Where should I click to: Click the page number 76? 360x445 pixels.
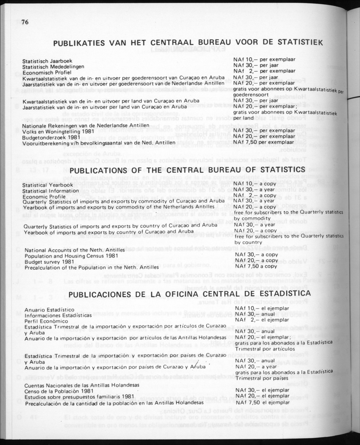tap(25, 23)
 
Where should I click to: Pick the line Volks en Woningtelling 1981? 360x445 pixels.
tap(52, 131)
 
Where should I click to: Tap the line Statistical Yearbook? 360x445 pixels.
tap(48, 185)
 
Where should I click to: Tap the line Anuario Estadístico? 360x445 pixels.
tap(49, 310)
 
